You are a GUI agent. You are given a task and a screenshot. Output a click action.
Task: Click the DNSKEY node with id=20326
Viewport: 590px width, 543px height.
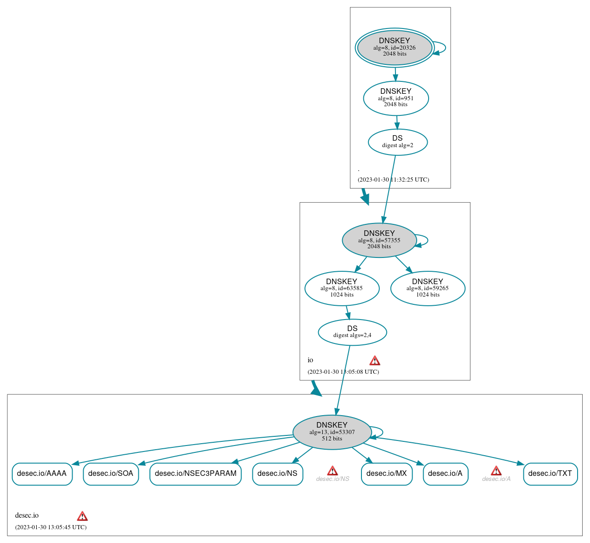[395, 47]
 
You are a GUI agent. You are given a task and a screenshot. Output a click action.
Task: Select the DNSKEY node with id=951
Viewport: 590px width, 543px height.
[396, 98]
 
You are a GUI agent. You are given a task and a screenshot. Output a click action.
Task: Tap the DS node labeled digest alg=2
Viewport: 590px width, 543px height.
[398, 142]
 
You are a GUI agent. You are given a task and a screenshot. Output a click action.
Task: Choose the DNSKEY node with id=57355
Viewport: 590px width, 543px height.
[379, 240]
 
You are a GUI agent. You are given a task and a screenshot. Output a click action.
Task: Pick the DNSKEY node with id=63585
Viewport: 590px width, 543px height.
[342, 288]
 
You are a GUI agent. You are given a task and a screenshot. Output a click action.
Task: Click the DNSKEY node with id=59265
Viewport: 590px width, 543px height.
[428, 288]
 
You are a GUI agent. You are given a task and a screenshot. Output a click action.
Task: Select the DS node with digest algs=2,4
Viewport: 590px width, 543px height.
[352, 332]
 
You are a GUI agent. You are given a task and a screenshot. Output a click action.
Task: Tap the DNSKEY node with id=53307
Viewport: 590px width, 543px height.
[332, 432]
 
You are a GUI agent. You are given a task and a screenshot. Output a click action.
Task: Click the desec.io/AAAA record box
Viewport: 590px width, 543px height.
[42, 474]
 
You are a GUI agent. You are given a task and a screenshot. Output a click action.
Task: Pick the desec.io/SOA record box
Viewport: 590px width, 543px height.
[111, 474]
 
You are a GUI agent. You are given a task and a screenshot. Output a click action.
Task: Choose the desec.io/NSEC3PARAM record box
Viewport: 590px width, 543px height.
[195, 474]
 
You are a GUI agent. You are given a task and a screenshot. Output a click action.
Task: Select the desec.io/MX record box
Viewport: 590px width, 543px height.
[387, 474]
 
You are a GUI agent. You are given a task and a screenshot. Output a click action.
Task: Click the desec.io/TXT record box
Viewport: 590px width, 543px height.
[550, 474]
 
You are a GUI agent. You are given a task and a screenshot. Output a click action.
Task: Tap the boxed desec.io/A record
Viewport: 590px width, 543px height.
[445, 474]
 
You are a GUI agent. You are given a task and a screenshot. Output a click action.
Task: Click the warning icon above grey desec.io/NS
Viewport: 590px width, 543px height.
[332, 470]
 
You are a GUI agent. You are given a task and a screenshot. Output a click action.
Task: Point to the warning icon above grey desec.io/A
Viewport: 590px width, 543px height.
[496, 470]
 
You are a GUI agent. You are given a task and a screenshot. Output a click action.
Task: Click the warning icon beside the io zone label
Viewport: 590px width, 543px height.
[375, 360]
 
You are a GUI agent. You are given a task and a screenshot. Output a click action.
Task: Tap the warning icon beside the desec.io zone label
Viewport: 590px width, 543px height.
[82, 516]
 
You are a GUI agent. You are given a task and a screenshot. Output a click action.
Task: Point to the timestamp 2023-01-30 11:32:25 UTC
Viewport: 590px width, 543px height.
[393, 180]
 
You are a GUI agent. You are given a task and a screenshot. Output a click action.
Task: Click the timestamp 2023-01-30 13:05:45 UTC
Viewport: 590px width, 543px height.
[51, 527]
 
